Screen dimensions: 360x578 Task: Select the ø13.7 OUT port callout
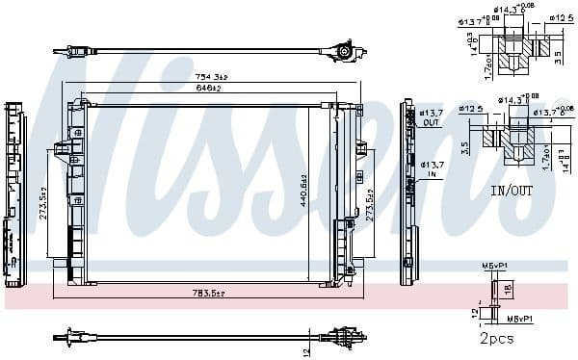431,117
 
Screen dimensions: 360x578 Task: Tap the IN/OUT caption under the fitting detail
511,192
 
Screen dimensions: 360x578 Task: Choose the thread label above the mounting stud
492,264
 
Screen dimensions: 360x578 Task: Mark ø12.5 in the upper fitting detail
563,16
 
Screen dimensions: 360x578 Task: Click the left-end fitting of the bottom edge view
71,337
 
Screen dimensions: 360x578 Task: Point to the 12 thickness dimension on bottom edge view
306,348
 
